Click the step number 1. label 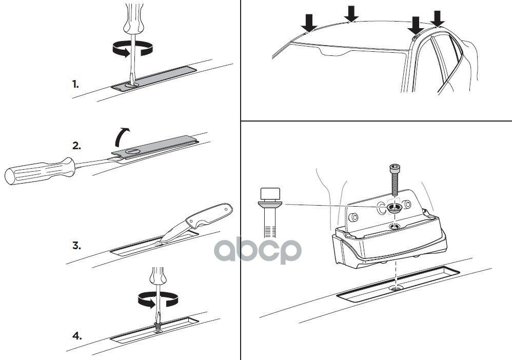(75, 84)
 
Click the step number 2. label (76, 146)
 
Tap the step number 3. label (76, 246)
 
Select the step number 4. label (77, 335)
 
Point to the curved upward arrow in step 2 (122, 137)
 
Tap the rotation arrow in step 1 (132, 49)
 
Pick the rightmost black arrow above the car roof (438, 18)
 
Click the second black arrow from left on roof (351, 14)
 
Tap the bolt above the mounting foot (394, 181)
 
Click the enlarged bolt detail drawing (270, 212)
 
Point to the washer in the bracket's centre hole (395, 208)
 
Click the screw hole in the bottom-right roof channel (396, 288)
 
